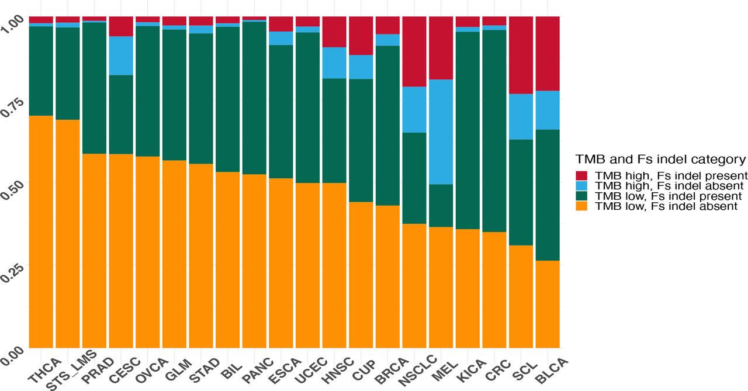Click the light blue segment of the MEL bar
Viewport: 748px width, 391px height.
click(x=441, y=132)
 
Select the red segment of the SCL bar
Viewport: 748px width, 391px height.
click(x=521, y=55)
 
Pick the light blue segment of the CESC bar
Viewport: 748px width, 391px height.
click(x=121, y=56)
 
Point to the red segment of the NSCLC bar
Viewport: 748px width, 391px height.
click(x=414, y=51)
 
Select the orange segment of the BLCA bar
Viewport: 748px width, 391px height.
click(x=548, y=304)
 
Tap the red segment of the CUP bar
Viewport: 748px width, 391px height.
click(x=361, y=36)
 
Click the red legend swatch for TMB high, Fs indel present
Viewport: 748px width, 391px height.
click(x=581, y=175)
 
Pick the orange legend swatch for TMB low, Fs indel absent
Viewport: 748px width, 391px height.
click(x=581, y=206)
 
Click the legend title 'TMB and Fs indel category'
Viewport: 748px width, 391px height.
click(x=660, y=159)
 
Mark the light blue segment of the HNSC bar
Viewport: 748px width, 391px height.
click(x=334, y=63)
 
